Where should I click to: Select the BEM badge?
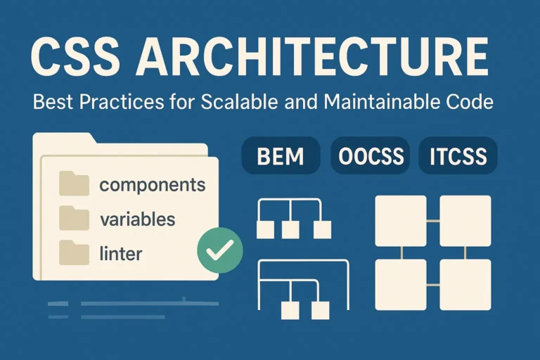(280, 156)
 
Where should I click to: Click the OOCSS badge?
(370, 156)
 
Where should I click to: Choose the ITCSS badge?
(458, 156)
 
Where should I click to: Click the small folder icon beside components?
(74, 185)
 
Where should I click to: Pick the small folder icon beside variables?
(74, 218)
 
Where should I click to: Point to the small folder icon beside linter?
(74, 251)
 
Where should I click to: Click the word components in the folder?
(153, 186)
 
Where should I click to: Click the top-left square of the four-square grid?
(401, 220)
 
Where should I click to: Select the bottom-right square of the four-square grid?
(465, 284)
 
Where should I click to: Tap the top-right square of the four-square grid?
(465, 220)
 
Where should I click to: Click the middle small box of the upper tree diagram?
(290, 229)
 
